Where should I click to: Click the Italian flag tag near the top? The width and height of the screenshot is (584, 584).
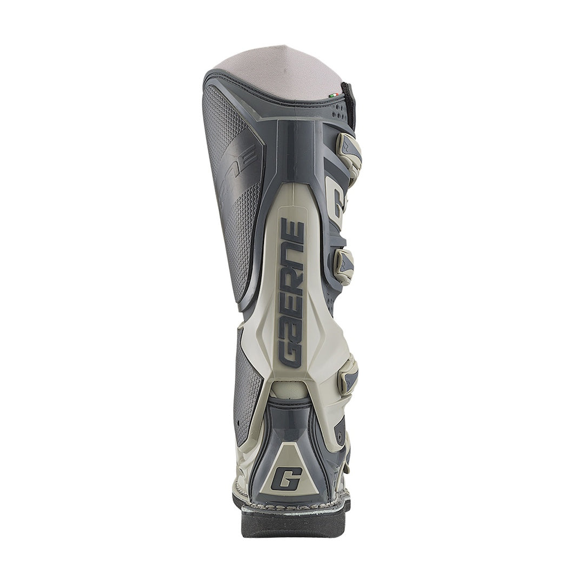(334, 96)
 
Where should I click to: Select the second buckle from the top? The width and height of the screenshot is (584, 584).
(344, 266)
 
